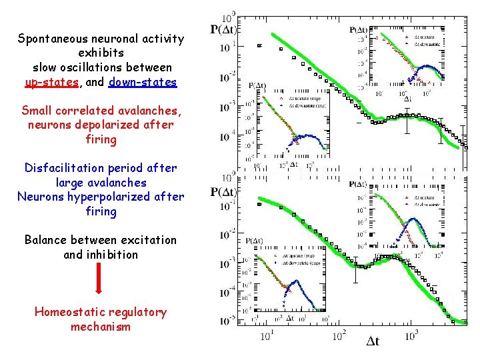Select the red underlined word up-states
tap(50, 83)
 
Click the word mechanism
tap(100, 327)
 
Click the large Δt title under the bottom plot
tap(373, 341)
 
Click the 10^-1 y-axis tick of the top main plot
tap(228, 47)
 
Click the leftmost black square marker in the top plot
tap(259, 45)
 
